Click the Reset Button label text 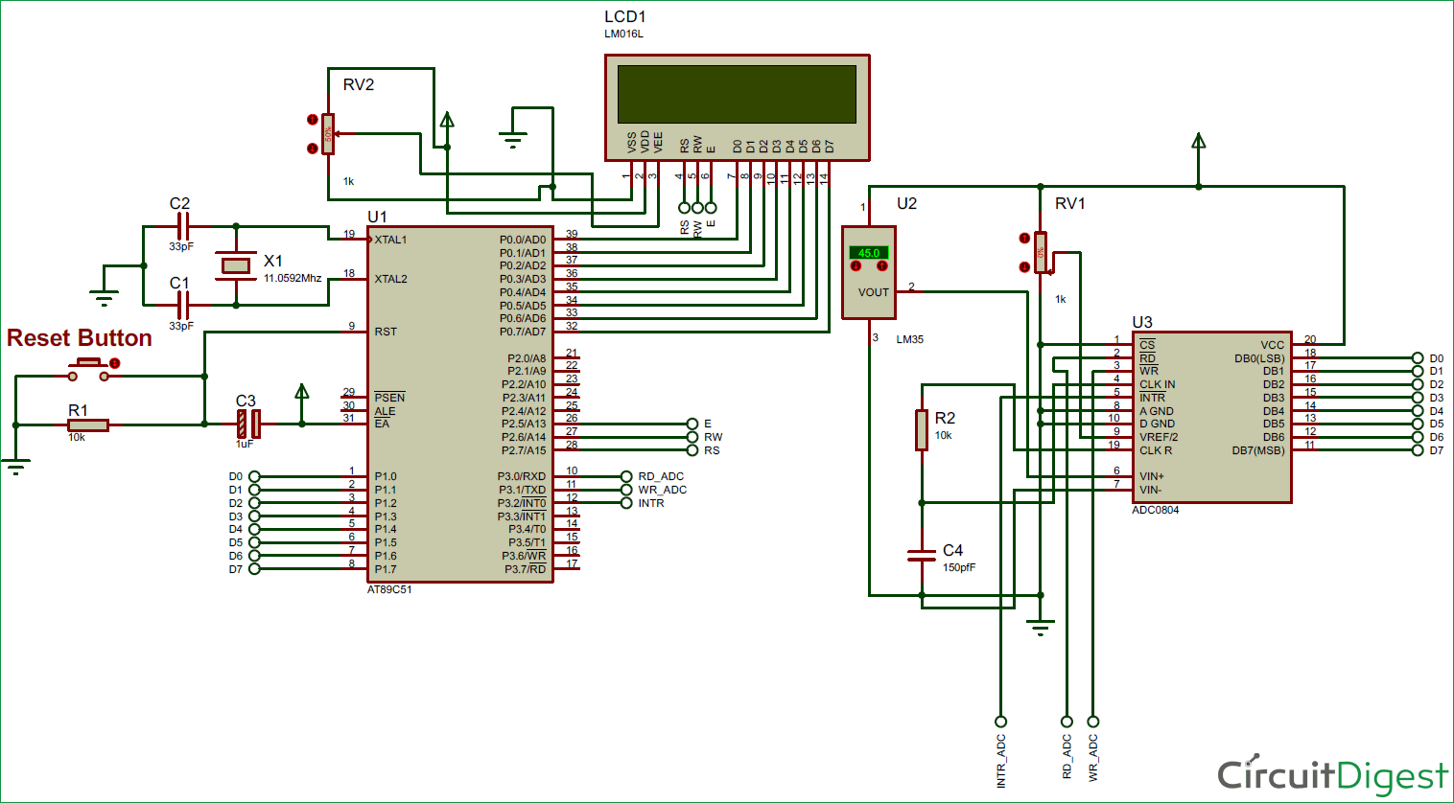[79, 338]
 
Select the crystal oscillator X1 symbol [235, 265]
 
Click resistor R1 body [88, 424]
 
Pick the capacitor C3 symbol [248, 424]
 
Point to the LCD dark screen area [737, 94]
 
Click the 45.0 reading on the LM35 [868, 253]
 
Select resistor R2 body [922, 429]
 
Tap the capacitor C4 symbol [922, 556]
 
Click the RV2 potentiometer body [328, 134]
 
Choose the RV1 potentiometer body [1041, 253]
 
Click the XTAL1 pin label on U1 [390, 240]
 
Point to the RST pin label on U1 [386, 332]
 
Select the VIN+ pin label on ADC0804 [1152, 476]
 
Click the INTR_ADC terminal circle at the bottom [1000, 722]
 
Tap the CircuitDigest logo [1332, 774]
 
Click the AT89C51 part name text [389, 590]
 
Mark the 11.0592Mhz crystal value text [293, 278]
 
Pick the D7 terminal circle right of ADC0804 [1418, 450]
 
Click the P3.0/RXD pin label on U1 [521, 476]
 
